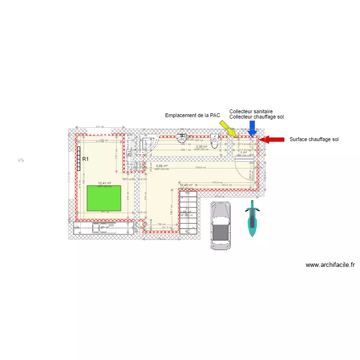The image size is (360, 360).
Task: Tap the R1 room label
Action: coord(86,159)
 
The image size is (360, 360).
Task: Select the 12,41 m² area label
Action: coord(105,183)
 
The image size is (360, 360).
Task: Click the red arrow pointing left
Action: coord(271,140)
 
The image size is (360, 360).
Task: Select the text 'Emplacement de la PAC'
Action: coord(192,116)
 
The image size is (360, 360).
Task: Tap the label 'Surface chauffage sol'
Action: coord(314,140)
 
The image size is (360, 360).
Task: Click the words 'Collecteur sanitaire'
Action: coord(251,111)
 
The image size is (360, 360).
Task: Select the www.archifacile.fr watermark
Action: coord(330,264)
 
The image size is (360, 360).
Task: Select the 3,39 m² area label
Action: coord(201,147)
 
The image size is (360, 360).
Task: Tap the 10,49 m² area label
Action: coord(186,185)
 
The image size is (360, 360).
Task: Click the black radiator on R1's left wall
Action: coord(78,159)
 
